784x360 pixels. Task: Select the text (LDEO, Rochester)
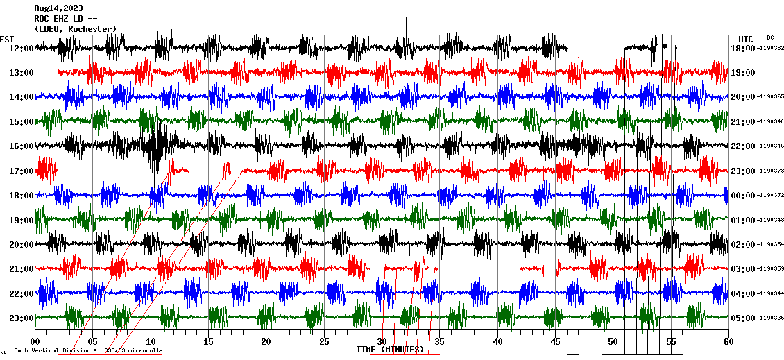(x=75, y=28)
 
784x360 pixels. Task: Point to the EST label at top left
(x=7, y=39)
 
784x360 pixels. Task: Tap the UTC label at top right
(x=745, y=39)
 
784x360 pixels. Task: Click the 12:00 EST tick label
(x=21, y=48)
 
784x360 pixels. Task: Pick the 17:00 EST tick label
(x=21, y=171)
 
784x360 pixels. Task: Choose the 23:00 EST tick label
(x=21, y=318)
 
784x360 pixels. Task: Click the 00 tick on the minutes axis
(x=35, y=342)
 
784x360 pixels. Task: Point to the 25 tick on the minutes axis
(x=324, y=342)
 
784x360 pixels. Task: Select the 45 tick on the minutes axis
(x=555, y=342)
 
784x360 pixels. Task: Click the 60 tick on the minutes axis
(x=728, y=342)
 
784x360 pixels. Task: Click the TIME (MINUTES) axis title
(x=390, y=350)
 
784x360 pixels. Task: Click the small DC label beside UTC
(x=770, y=37)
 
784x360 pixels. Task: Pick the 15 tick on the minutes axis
(x=208, y=342)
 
